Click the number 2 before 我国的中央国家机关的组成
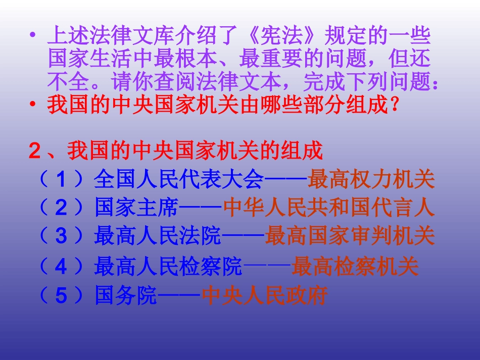pos(34,150)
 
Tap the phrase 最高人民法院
pos(158,236)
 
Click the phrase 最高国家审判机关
pos(350,236)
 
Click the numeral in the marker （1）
pos(61,179)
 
